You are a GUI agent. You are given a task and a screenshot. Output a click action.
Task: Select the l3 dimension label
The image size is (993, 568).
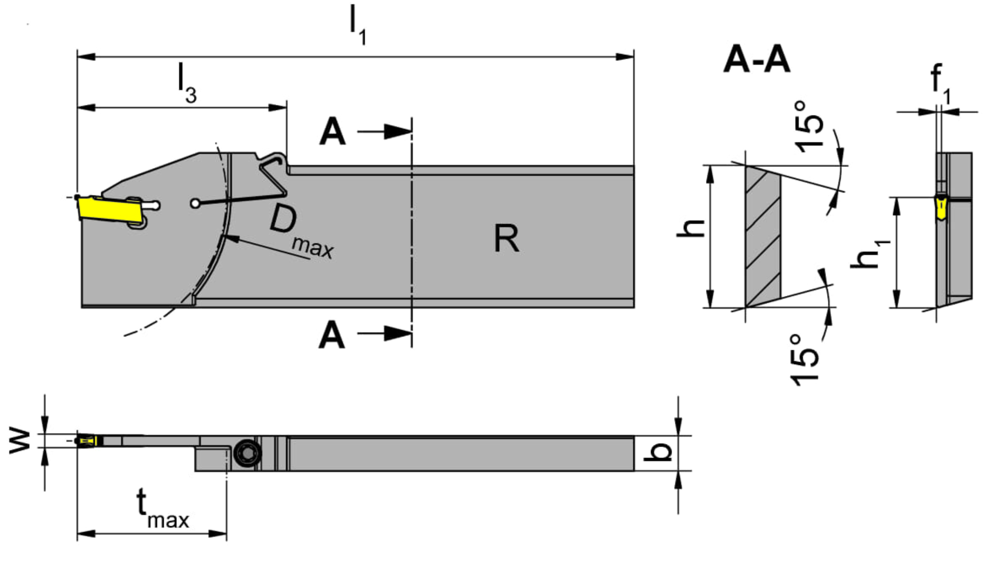coord(187,83)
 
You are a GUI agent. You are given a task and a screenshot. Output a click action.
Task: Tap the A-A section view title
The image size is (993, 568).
coord(756,60)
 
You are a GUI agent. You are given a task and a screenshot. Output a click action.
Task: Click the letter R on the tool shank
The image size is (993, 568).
coord(506,238)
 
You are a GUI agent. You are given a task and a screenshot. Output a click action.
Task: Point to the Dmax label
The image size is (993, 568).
coord(301,232)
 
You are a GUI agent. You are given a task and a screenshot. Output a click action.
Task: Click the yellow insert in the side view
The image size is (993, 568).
coord(110,209)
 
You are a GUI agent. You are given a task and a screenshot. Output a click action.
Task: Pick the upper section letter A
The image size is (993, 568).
coord(332,132)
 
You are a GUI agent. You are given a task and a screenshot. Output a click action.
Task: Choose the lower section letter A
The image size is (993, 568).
coord(332,335)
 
